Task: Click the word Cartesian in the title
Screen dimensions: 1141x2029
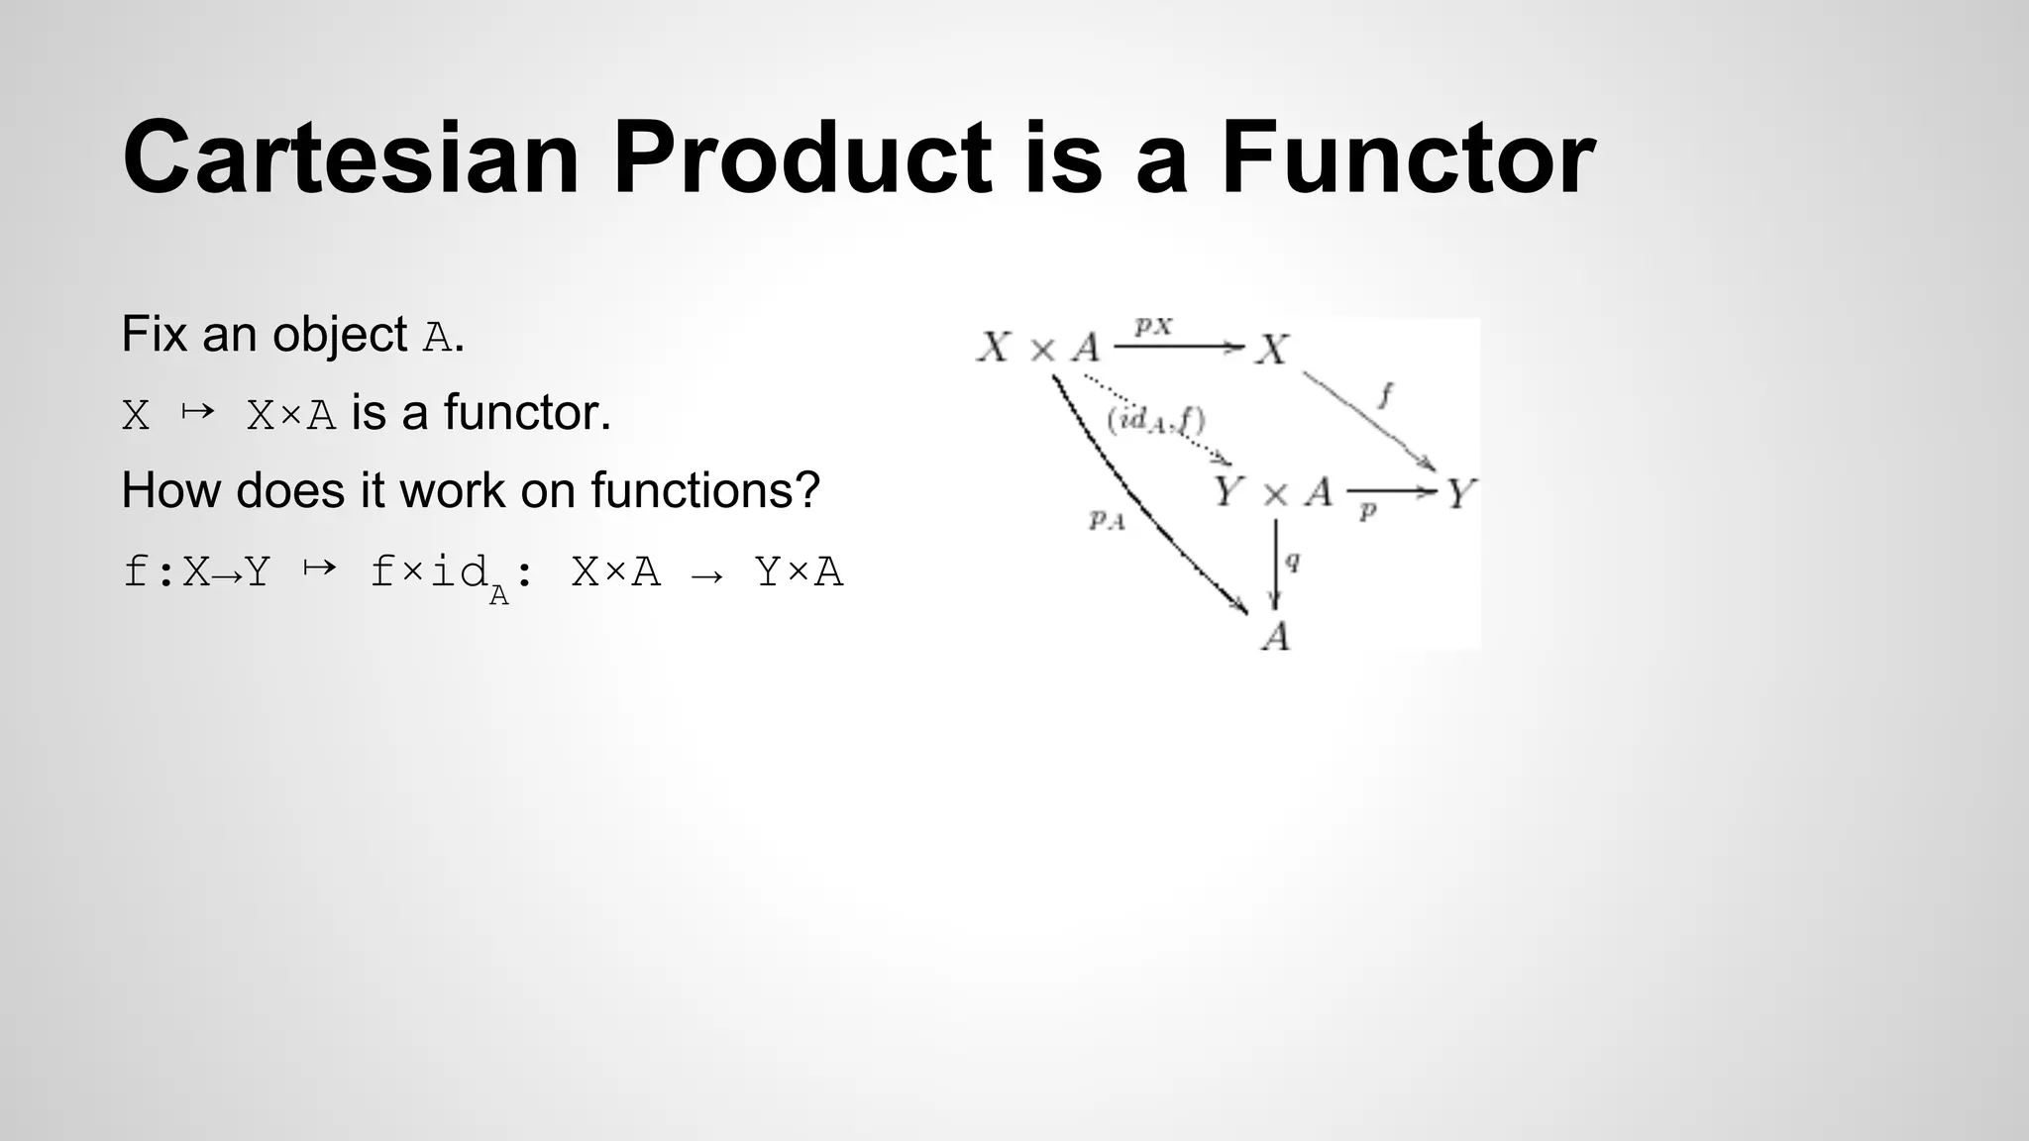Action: pyautogui.click(x=351, y=158)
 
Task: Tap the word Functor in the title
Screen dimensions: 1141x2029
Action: pyautogui.click(x=1407, y=158)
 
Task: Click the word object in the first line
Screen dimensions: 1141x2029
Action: pyautogui.click(x=340, y=335)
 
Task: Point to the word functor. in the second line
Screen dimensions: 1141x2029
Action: pyautogui.click(x=527, y=413)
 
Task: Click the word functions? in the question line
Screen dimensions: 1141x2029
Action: pyautogui.click(x=705, y=490)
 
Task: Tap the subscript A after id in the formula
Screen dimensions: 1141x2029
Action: pyautogui.click(x=498, y=596)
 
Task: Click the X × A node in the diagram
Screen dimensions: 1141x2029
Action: pyautogui.click(x=1038, y=348)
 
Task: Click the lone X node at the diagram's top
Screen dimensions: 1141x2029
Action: pyautogui.click(x=1273, y=349)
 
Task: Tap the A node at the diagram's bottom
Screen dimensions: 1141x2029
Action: pyautogui.click(x=1276, y=636)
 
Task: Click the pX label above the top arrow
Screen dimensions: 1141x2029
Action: pyautogui.click(x=1153, y=326)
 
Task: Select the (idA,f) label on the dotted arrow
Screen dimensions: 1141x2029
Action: pyautogui.click(x=1155, y=421)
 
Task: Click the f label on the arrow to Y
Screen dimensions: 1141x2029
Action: pyautogui.click(x=1385, y=396)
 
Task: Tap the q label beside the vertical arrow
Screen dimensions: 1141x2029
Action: pyautogui.click(x=1292, y=562)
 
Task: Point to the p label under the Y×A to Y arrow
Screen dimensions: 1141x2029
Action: pyautogui.click(x=1368, y=512)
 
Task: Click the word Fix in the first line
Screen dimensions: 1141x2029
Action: pyautogui.click(x=155, y=335)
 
